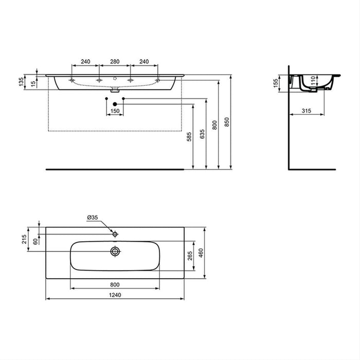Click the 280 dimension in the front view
point(115,62)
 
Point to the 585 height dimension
point(189,137)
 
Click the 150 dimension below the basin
point(115,111)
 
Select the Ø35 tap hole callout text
point(93,218)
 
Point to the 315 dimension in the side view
point(307,111)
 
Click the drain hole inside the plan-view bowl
point(115,251)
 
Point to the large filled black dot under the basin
point(115,104)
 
